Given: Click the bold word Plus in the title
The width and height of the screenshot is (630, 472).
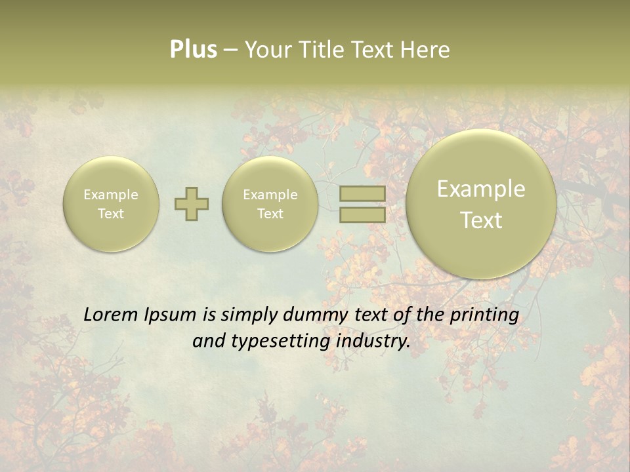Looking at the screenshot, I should coord(193,50).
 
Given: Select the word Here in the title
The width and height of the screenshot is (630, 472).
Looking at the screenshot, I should coord(427,50).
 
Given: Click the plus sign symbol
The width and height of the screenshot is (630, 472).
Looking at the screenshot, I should coord(192,204).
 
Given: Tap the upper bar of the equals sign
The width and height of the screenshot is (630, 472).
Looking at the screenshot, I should coord(362,193).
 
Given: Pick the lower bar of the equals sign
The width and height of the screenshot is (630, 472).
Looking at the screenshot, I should coord(362,214).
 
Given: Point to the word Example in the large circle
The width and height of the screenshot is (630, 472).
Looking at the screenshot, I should coord(481,189).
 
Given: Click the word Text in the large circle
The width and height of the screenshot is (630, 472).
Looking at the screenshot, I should coord(481,220).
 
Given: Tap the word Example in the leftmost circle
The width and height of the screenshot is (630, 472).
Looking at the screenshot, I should coord(111,195).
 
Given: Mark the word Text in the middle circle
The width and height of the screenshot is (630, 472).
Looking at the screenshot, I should coord(270,214).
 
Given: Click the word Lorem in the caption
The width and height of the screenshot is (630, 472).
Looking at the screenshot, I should coord(112,315).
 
